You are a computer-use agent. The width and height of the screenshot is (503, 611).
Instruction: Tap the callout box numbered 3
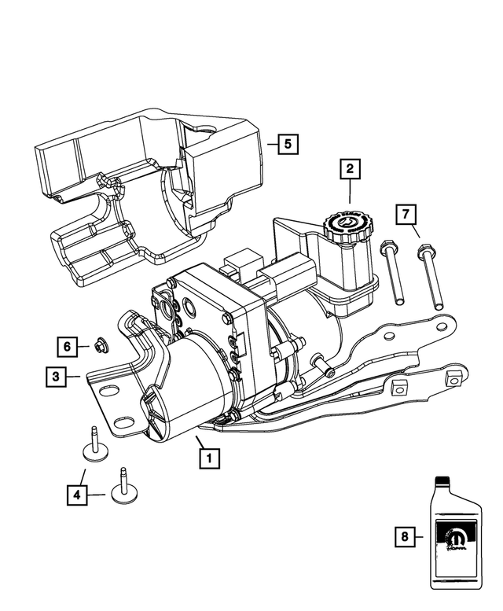coord(55,377)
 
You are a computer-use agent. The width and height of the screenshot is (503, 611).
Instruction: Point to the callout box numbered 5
coord(288,144)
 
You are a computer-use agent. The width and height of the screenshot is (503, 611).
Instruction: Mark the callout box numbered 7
coord(406,215)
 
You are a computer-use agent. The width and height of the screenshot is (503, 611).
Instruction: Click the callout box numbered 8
coord(405,538)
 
